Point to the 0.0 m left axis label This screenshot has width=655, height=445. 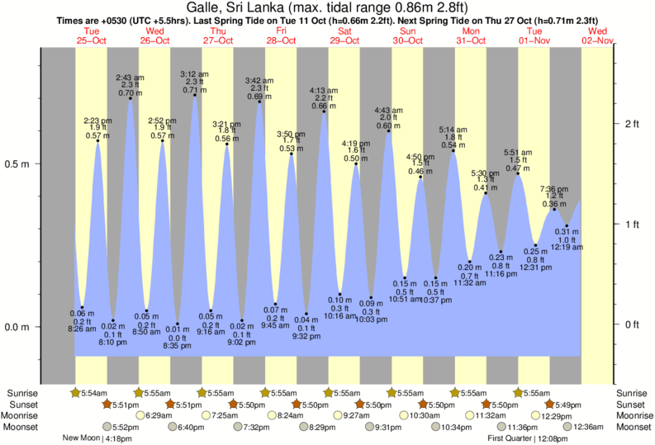point(17,327)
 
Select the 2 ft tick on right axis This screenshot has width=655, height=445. point(632,124)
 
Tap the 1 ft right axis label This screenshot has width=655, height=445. point(632,224)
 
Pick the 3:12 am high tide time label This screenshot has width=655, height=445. point(195,74)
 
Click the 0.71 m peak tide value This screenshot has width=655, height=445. point(195,90)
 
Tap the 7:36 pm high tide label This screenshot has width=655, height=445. point(555,188)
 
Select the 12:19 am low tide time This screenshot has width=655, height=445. point(567,247)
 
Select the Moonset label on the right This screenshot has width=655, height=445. point(634,427)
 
